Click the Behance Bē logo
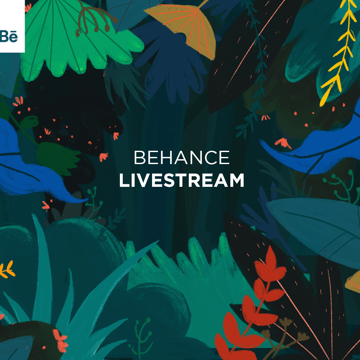pos(9,36)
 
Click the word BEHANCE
pos(182,158)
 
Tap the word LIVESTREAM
pos(182,180)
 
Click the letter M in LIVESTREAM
pos(237,180)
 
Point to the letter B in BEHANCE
pos(139,158)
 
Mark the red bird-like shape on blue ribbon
pos(283,143)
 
